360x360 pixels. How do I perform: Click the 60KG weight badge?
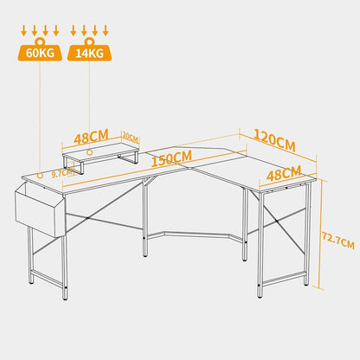[x=40, y=53]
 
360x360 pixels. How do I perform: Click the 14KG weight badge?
[x=89, y=53]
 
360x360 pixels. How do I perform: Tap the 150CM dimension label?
[x=171, y=158]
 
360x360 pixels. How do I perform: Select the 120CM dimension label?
[x=274, y=140]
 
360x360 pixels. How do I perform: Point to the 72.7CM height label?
[x=338, y=240]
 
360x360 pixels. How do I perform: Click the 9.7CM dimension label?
[x=62, y=173]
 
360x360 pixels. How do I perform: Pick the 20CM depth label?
[x=131, y=136]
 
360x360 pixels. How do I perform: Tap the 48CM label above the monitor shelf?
[x=92, y=136]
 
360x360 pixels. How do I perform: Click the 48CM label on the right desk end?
[x=284, y=174]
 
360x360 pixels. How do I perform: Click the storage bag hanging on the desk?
[x=40, y=209]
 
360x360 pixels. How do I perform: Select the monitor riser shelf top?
[x=101, y=151]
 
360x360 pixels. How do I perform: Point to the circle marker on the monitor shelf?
[x=90, y=152]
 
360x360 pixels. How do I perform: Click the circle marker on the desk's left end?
[x=40, y=176]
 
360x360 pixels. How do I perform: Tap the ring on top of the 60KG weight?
[x=40, y=42]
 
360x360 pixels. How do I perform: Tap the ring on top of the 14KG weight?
[x=89, y=42]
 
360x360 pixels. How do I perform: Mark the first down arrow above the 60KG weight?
[x=24, y=30]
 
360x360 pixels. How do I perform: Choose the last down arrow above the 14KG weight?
[x=106, y=30]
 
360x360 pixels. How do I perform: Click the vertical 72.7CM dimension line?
[x=320, y=234]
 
